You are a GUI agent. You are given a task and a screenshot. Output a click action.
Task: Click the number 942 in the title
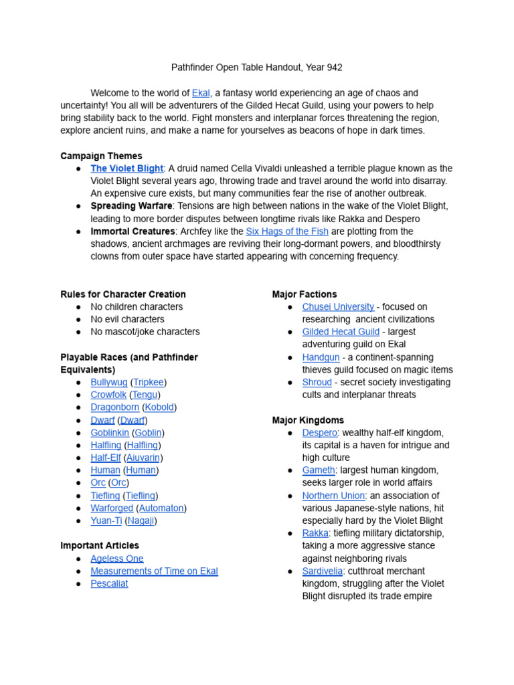[333, 68]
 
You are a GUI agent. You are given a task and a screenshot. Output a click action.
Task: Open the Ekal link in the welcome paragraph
[200, 93]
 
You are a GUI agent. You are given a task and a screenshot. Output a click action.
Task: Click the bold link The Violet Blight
[126, 169]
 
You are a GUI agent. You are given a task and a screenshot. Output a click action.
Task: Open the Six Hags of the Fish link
[287, 231]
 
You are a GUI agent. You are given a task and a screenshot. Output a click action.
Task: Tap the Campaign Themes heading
[101, 156]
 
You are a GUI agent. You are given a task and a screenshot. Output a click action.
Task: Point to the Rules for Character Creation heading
[123, 294]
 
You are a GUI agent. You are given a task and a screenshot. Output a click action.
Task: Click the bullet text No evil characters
[127, 319]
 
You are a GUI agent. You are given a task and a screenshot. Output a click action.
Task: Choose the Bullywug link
[108, 382]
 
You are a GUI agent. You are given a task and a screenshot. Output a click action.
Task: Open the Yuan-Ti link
[106, 520]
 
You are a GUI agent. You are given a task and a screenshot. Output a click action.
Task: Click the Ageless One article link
[116, 559]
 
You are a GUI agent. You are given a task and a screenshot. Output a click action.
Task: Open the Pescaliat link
[109, 583]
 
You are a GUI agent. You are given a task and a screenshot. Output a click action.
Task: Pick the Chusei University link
[338, 306]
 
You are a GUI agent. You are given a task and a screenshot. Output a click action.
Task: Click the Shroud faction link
[317, 382]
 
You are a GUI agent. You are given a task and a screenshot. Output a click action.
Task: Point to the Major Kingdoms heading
[308, 420]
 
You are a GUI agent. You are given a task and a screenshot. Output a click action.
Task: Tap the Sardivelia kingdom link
[323, 571]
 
